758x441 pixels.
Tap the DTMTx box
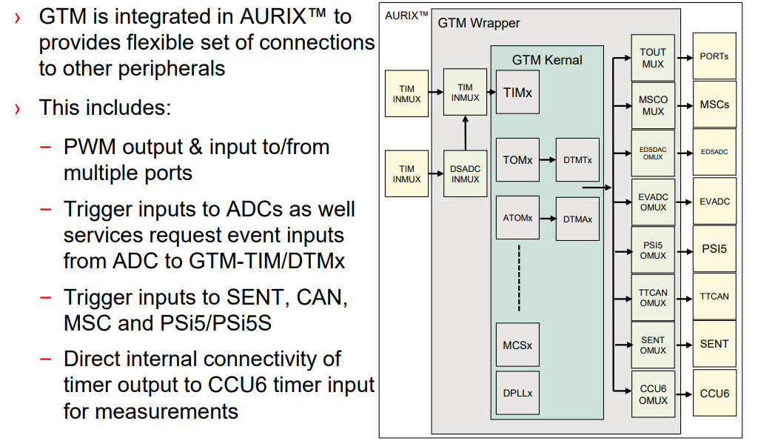point(577,160)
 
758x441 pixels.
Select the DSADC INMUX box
point(465,174)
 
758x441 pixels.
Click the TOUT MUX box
point(653,58)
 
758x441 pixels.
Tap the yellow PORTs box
point(714,56)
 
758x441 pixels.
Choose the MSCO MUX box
point(653,105)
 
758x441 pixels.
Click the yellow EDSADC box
point(714,152)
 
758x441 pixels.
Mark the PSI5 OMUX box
point(653,249)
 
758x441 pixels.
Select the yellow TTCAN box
point(714,296)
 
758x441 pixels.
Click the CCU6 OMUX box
point(653,394)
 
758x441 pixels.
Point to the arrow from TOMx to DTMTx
point(547,160)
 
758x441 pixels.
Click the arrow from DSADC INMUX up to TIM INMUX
point(466,133)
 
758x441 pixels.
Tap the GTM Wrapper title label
point(479,23)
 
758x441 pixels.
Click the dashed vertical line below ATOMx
point(519,278)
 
